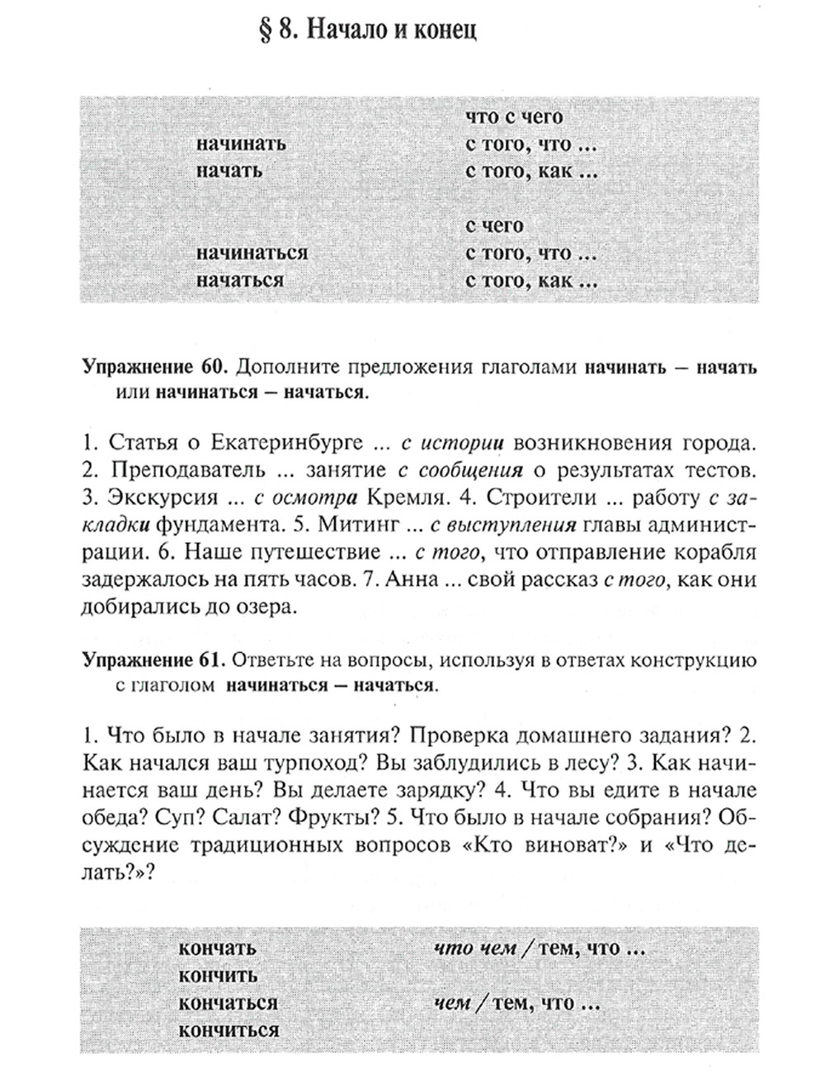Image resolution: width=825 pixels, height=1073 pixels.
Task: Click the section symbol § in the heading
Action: [266, 31]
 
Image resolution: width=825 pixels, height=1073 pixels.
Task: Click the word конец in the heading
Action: [445, 31]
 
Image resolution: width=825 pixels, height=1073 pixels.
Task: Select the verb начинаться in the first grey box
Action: [252, 253]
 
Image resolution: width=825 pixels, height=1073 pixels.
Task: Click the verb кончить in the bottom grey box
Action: [219, 976]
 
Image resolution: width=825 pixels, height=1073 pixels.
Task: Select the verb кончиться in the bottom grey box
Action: [229, 1030]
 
